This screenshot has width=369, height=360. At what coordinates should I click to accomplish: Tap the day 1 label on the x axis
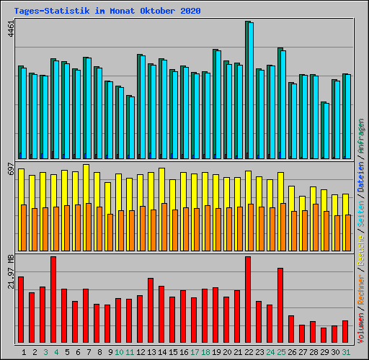[24, 352]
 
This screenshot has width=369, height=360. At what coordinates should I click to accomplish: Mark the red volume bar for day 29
[324, 336]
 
